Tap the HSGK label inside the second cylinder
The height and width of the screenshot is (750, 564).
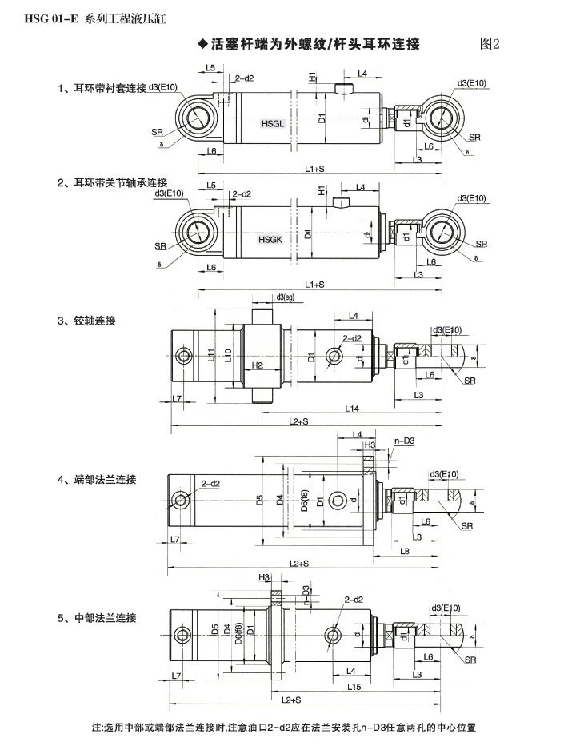[268, 238]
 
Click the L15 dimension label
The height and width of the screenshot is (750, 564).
[355, 687]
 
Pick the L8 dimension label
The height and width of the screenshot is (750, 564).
[406, 551]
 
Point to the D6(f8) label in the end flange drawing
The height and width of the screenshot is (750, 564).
[304, 502]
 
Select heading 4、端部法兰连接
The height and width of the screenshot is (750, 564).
[97, 480]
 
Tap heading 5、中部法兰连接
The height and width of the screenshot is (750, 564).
[97, 618]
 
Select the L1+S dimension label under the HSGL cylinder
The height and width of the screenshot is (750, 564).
[314, 170]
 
